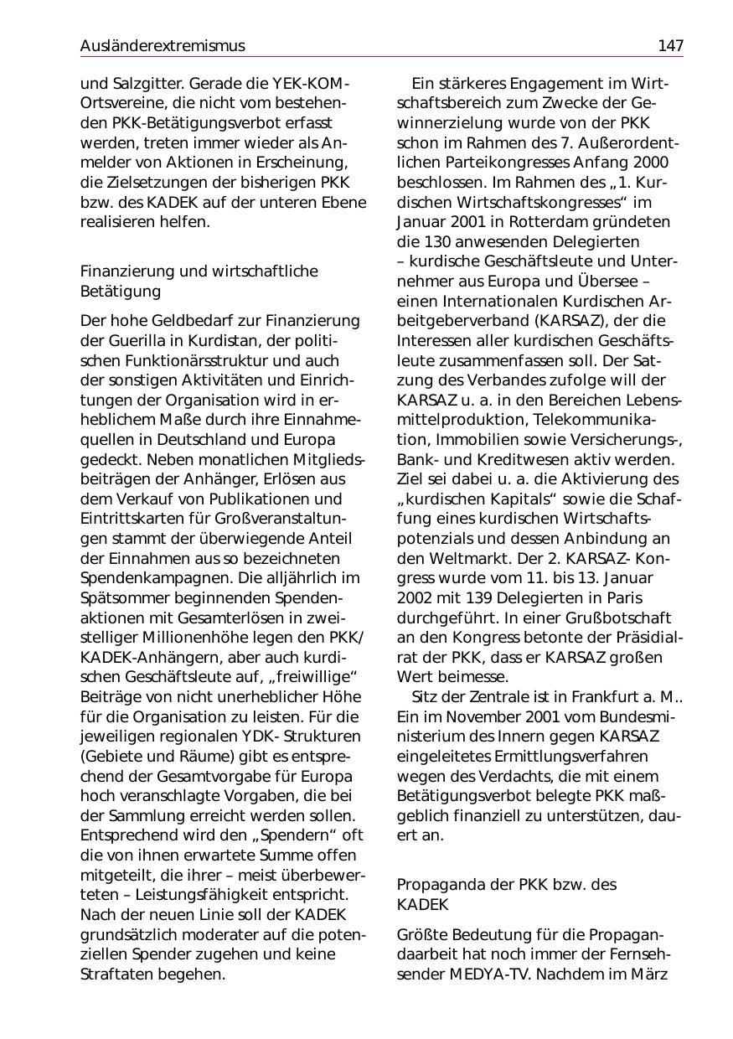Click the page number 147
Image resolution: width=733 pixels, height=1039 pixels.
pyautogui.click(x=670, y=46)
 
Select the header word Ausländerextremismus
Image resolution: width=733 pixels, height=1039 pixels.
pyautogui.click(x=163, y=46)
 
